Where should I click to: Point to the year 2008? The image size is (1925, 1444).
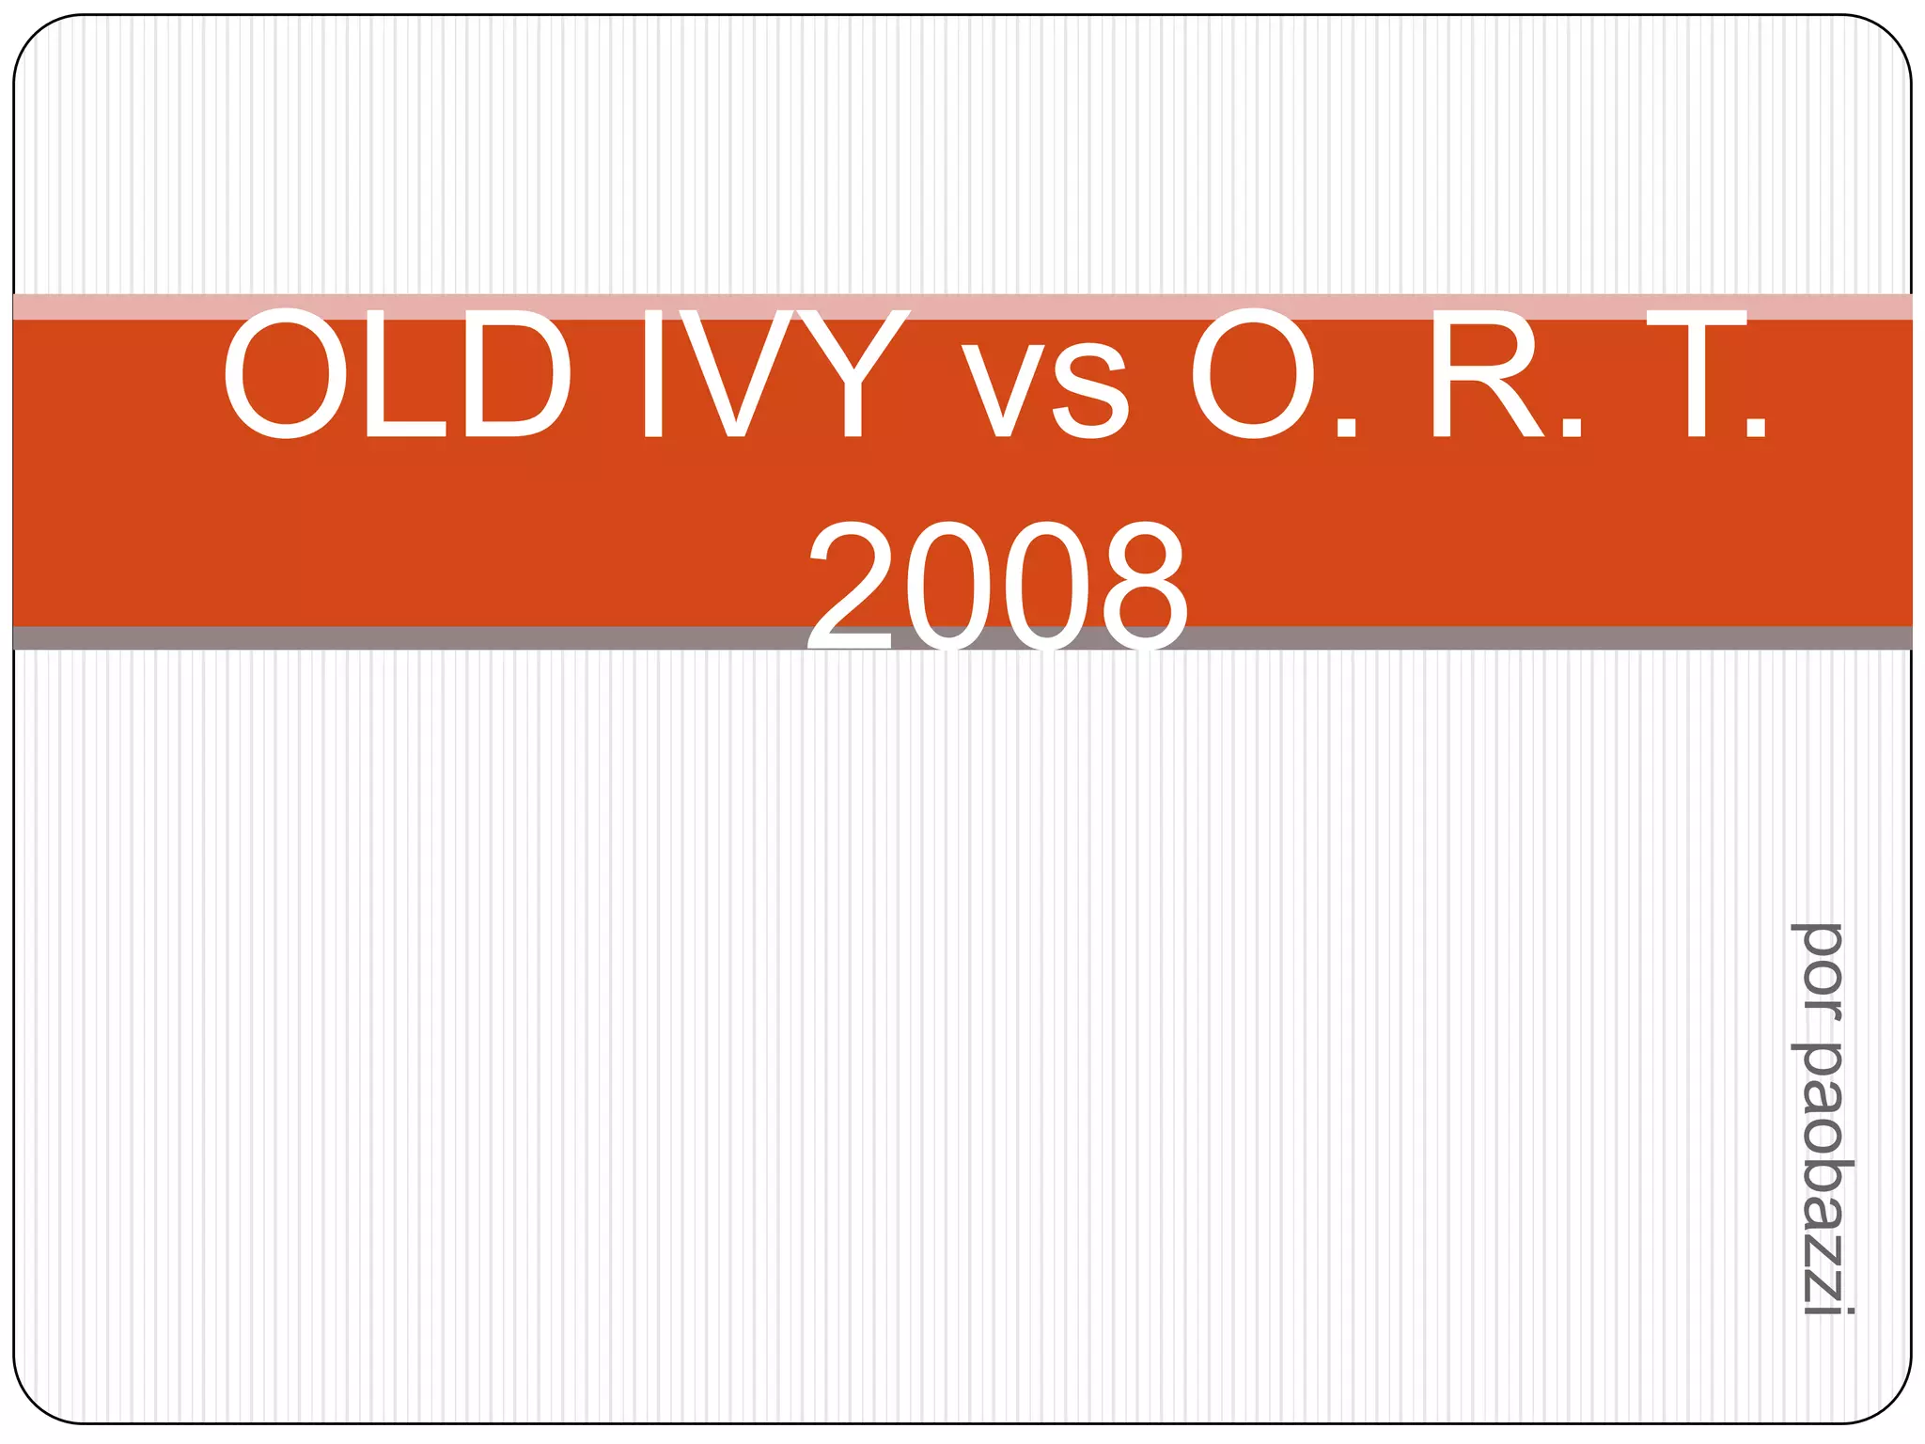pyautogui.click(x=998, y=588)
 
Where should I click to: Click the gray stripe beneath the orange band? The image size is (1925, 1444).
pyautogui.click(x=470, y=638)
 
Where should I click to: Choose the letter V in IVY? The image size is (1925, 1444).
pyautogui.click(x=736, y=374)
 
